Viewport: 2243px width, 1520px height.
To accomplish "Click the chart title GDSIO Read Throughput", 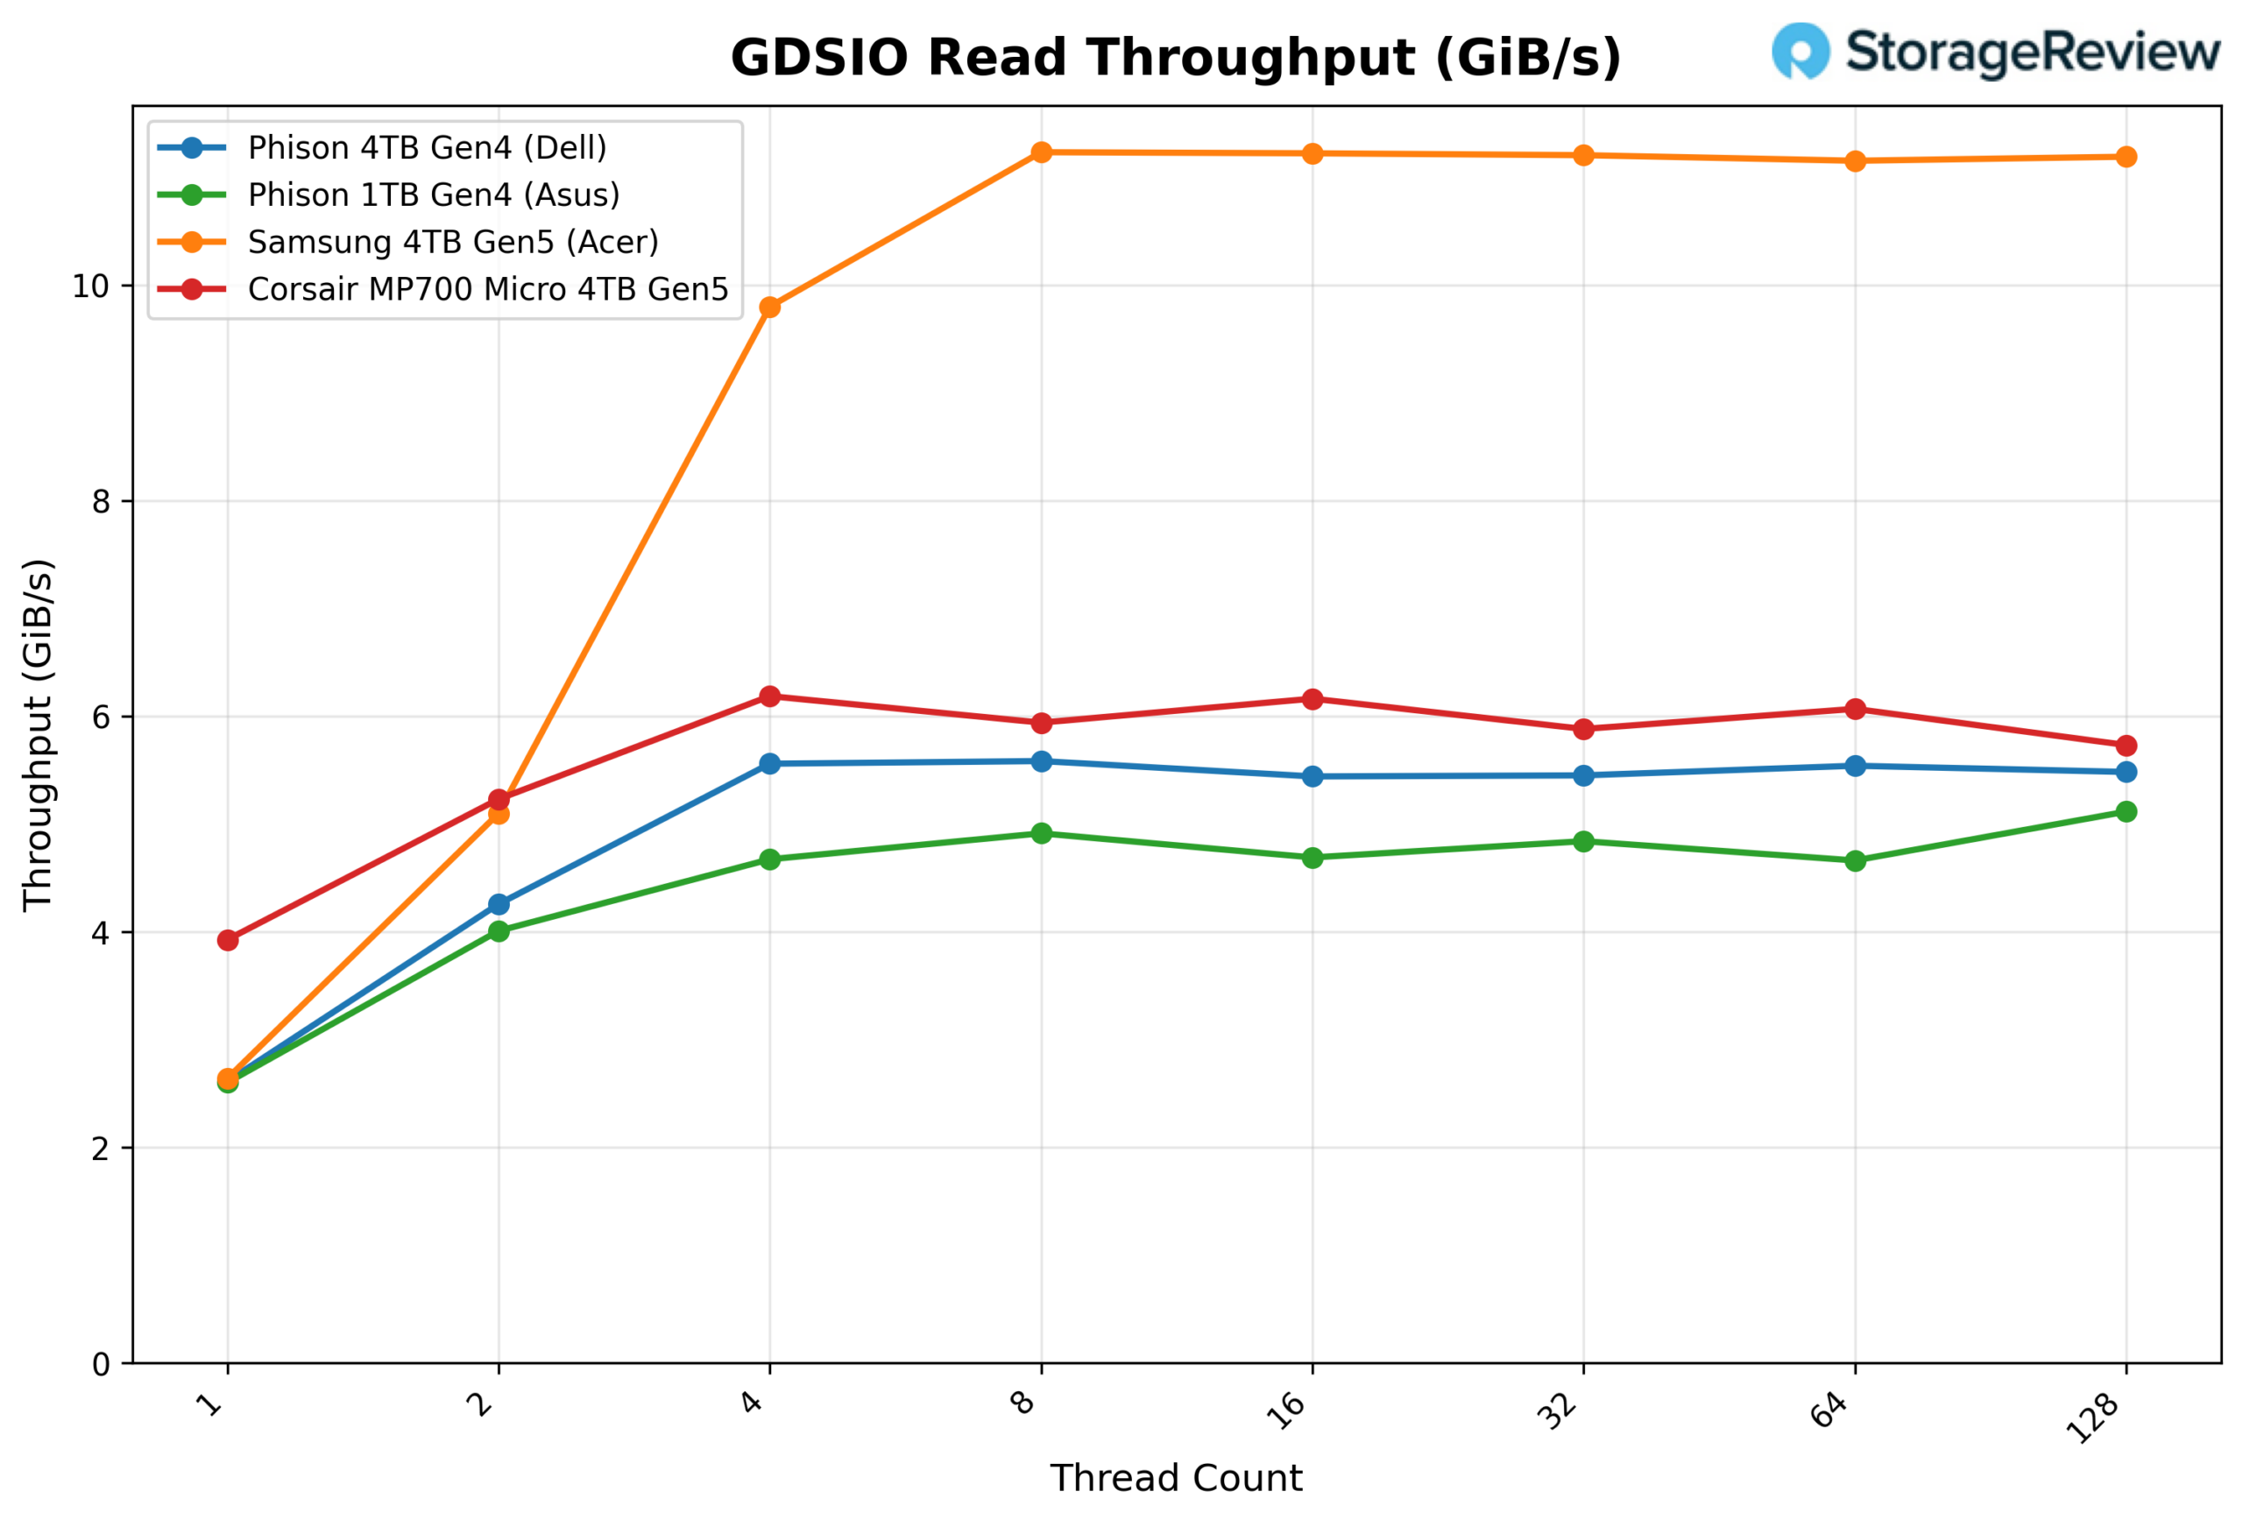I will pyautogui.click(x=1175, y=58).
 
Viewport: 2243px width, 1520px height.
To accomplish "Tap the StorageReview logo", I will pyautogui.click(x=1995, y=51).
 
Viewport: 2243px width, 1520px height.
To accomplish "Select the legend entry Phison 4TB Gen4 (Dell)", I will pyautogui.click(x=427, y=148).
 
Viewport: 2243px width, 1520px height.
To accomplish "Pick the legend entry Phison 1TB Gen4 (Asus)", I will pyautogui.click(x=434, y=195).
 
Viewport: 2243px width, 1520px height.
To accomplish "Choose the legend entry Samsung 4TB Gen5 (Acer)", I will pyautogui.click(x=453, y=242).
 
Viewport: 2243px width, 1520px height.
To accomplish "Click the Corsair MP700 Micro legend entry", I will pyautogui.click(x=487, y=289).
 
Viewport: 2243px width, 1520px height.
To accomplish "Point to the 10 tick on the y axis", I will pyautogui.click(x=91, y=286).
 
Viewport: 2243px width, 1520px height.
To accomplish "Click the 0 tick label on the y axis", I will pyautogui.click(x=101, y=1365).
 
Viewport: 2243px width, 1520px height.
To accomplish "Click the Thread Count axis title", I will pyautogui.click(x=1176, y=1479).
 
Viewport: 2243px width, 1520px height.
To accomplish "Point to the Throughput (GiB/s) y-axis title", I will pyautogui.click(x=39, y=734).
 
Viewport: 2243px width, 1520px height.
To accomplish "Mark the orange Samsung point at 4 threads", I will pyautogui.click(x=769, y=307).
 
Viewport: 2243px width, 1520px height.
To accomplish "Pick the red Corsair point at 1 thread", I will pyautogui.click(x=228, y=940).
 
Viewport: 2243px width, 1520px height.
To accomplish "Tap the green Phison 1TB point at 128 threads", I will pyautogui.click(x=2126, y=811).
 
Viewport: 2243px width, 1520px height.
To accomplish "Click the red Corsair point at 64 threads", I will pyautogui.click(x=1854, y=710).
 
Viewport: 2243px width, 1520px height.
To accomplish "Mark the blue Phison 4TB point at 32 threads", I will pyautogui.click(x=1583, y=776).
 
